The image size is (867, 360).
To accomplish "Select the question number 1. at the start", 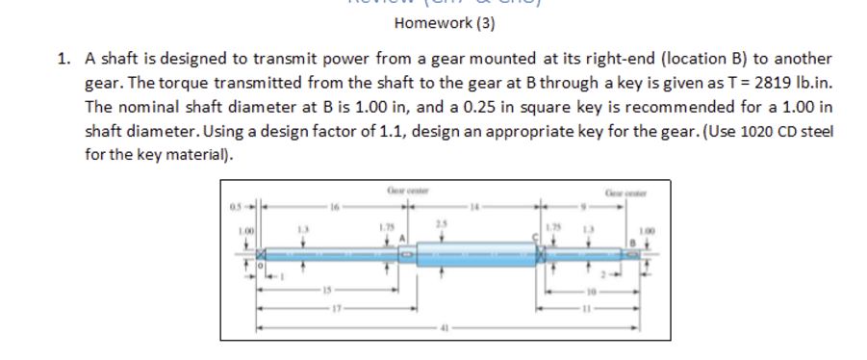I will (x=64, y=59).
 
